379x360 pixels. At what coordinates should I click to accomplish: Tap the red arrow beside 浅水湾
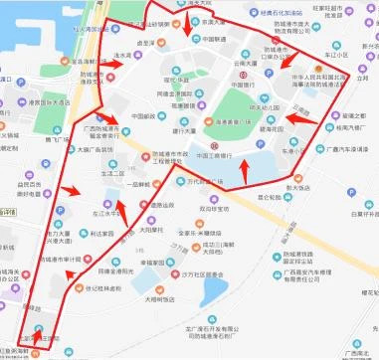coord(119,63)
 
